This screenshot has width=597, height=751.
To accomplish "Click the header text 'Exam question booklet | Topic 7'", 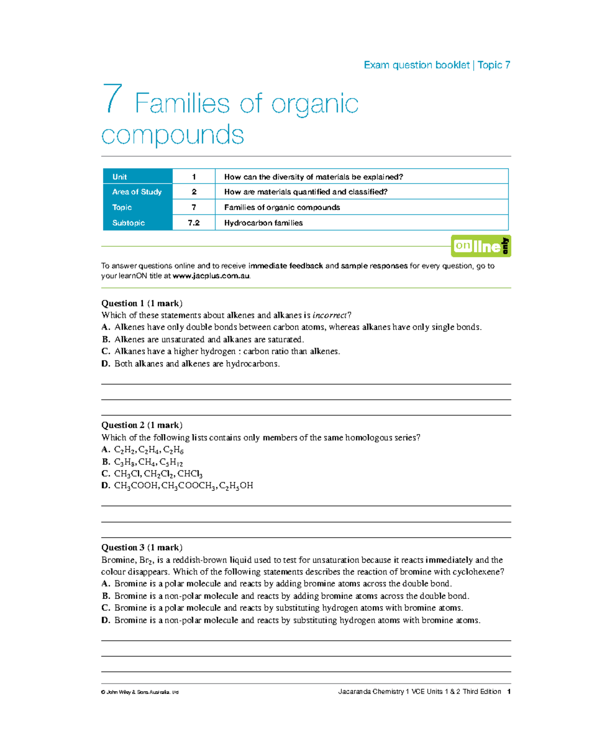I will click(x=437, y=65).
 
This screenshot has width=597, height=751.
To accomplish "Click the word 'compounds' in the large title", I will click(x=173, y=135).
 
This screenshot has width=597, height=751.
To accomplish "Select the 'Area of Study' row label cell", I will click(x=137, y=192).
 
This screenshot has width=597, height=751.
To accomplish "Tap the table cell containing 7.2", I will click(x=194, y=223).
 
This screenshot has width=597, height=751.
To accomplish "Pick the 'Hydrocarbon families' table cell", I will click(x=263, y=223).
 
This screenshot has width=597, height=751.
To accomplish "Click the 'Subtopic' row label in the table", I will click(x=128, y=223).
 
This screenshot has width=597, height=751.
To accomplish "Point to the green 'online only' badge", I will click(x=481, y=246).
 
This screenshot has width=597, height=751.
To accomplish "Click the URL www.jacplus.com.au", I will click(x=211, y=276).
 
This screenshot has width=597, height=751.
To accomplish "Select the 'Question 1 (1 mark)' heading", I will click(x=142, y=303).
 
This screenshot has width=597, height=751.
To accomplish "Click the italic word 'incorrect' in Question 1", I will click(x=329, y=315).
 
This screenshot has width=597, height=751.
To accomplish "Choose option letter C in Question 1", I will click(x=105, y=352).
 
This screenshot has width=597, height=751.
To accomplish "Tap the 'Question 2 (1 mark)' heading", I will click(x=142, y=425).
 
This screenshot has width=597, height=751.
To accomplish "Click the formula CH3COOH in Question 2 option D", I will click(x=136, y=486).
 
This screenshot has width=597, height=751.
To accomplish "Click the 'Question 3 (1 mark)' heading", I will click(x=142, y=548).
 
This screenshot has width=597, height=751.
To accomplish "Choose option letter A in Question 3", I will click(x=105, y=584).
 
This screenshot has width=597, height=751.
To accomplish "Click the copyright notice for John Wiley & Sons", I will click(x=140, y=692).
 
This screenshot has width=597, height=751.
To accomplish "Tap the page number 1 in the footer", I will click(x=508, y=692).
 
